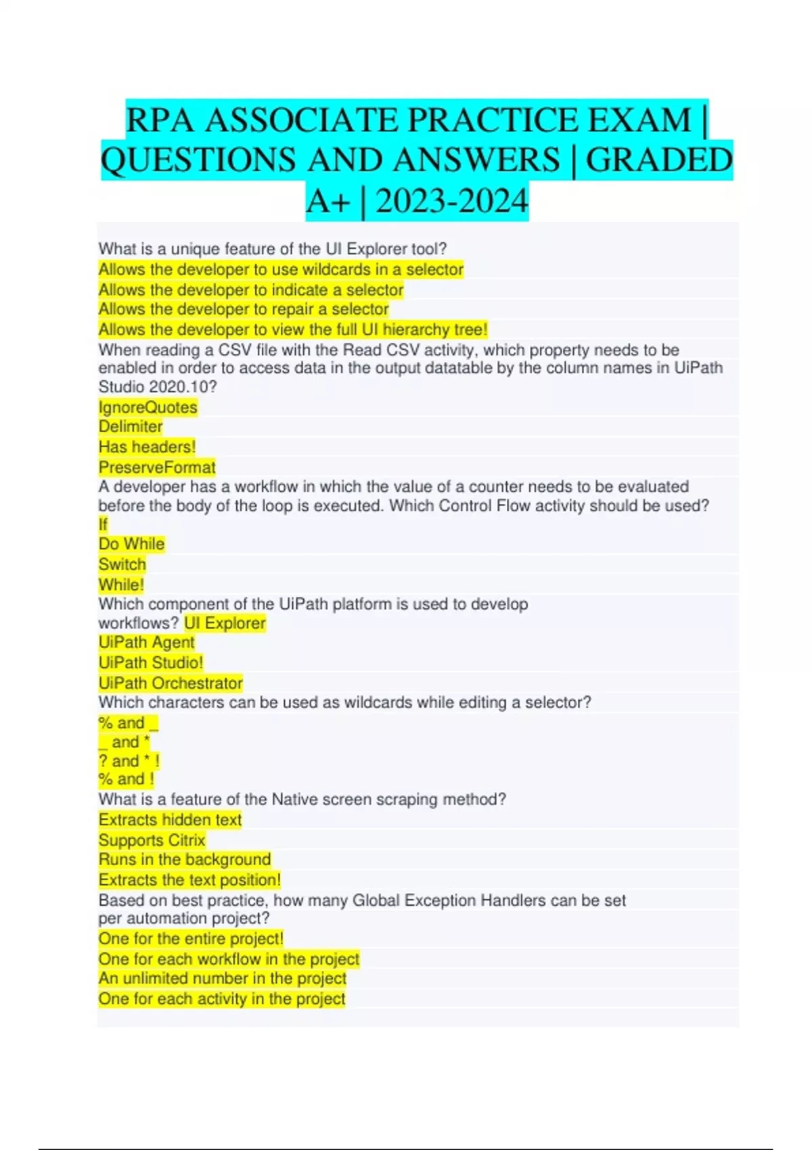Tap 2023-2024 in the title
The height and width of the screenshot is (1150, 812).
point(451,202)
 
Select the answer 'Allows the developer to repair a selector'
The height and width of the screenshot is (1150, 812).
point(244,309)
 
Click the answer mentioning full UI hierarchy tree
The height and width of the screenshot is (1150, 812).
point(292,329)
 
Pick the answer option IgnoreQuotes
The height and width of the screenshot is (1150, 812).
point(148,407)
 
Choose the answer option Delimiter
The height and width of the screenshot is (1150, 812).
point(131,426)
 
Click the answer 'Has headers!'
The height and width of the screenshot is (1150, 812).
point(147,446)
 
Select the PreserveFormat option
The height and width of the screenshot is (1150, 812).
point(157,467)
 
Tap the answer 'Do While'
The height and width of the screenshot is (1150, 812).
point(131,544)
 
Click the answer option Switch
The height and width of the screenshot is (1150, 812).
point(122,564)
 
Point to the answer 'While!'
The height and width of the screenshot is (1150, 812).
point(121,584)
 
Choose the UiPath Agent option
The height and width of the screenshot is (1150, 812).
point(146,642)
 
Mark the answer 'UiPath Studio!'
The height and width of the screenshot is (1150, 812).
point(150,662)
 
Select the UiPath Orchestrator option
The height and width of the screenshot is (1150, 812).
point(171,683)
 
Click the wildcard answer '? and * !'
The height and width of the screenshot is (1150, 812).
point(129,760)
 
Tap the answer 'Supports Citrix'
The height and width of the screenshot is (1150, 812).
point(152,840)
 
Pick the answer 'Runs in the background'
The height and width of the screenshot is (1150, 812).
point(185,859)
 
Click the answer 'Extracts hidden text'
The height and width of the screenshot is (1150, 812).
point(170,820)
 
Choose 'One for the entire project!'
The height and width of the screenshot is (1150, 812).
point(191,938)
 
